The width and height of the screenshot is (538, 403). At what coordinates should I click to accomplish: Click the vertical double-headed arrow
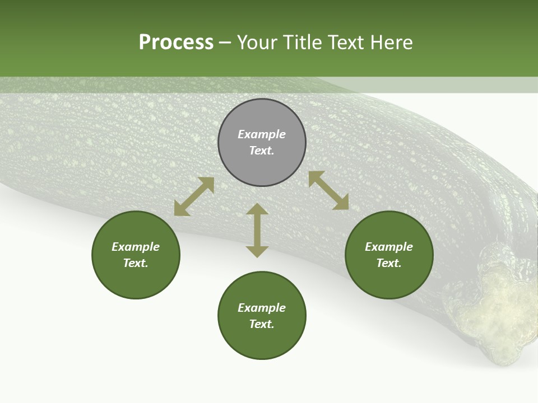point(257,230)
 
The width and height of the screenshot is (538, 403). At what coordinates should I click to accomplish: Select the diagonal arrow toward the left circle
point(194,196)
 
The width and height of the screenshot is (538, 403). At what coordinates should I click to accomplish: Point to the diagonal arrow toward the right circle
point(329,190)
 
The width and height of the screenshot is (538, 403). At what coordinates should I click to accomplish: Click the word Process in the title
point(176,43)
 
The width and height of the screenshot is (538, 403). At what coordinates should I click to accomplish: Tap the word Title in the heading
point(301,43)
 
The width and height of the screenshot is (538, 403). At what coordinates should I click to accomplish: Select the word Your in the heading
point(257,43)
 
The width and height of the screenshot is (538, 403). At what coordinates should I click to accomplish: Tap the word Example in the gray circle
point(262,134)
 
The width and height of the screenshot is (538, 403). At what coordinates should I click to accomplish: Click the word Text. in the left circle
point(136,263)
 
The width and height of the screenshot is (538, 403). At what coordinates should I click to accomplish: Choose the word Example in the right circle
point(389,247)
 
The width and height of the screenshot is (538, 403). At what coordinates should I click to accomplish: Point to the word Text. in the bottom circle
point(262,324)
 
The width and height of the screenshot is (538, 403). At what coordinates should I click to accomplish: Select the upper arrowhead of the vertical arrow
point(257,209)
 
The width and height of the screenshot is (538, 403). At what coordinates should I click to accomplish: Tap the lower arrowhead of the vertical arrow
point(257,251)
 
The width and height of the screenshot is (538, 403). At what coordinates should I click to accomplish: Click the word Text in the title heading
point(344,43)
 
